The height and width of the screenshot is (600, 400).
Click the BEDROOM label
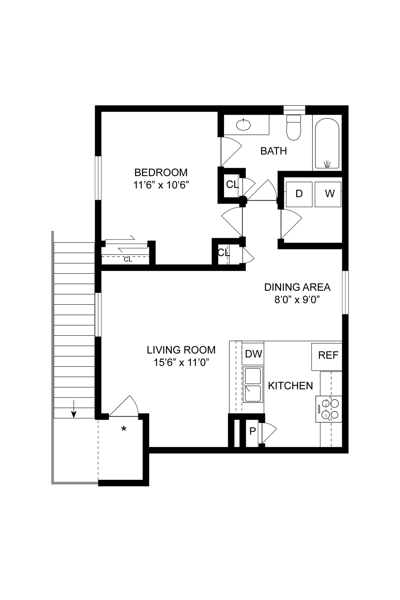[x=161, y=172]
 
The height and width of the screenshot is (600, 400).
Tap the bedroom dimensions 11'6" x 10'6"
[x=161, y=185]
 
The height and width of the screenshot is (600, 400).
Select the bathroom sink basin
[x=243, y=125]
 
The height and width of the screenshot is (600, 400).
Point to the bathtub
[x=327, y=144]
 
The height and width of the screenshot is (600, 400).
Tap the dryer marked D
[x=299, y=194]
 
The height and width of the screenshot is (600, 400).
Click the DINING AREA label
[x=297, y=287]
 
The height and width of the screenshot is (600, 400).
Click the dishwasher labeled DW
[x=253, y=354]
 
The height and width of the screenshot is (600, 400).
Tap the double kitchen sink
[x=253, y=384]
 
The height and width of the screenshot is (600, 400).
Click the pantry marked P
[x=252, y=431]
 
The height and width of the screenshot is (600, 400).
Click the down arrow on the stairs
[x=74, y=409]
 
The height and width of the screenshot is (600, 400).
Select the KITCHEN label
[x=290, y=386]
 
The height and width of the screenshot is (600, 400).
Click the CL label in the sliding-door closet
[x=128, y=260]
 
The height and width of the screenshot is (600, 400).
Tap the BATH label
[x=273, y=151]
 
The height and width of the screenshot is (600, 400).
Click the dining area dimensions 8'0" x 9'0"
[x=297, y=300]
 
